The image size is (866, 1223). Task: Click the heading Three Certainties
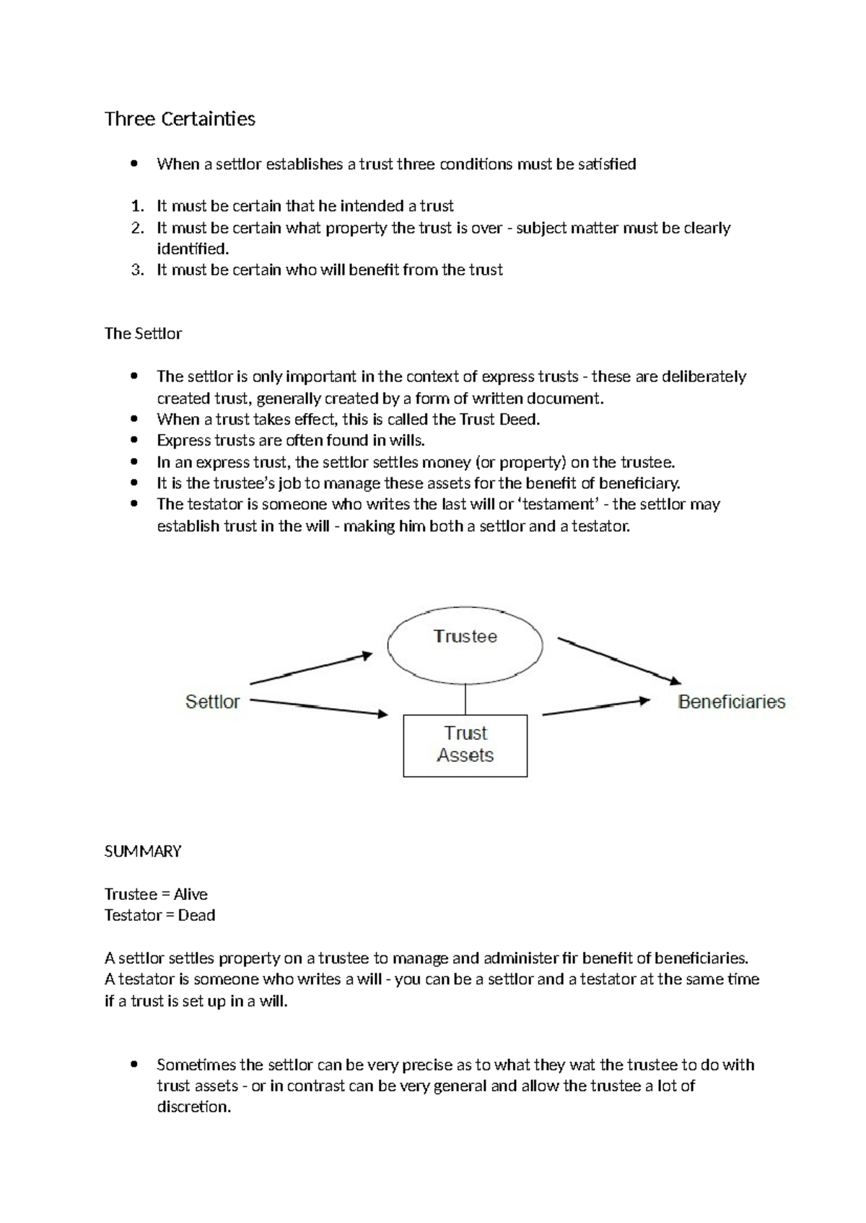180,119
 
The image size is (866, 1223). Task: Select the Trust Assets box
465,745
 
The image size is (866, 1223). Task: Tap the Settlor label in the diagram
212,702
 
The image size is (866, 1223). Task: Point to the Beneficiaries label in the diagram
731,702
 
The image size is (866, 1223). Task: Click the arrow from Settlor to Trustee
310,669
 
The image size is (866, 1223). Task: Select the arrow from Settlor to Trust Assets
318,707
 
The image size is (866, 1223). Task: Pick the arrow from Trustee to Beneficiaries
618,661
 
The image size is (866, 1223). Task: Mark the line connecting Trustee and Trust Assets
465,699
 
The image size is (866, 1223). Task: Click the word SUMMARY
143,852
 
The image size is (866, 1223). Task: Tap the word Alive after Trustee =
191,894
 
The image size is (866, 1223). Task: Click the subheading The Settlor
143,334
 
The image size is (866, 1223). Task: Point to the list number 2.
137,228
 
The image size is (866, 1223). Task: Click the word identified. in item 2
193,249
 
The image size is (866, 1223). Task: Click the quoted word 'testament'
559,505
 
